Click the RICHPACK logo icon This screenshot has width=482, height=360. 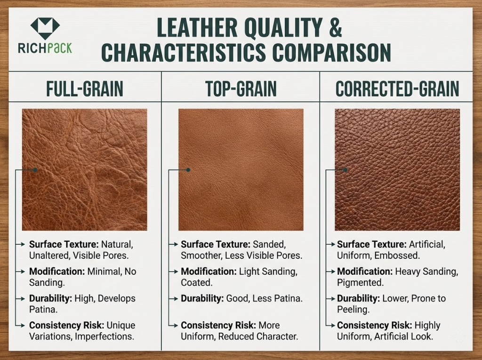point(45,28)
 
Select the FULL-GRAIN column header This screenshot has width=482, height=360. point(85,89)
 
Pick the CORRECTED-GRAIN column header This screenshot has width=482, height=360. point(397,89)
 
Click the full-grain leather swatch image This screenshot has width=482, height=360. point(85,169)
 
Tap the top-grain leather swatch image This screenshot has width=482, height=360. point(241,169)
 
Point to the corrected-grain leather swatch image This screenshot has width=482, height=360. point(397,169)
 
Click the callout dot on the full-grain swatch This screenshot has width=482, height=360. point(35,170)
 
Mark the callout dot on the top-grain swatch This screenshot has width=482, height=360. point(188,170)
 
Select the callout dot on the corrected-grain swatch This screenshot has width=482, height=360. point(345,170)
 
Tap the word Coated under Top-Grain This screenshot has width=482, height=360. point(196,282)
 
